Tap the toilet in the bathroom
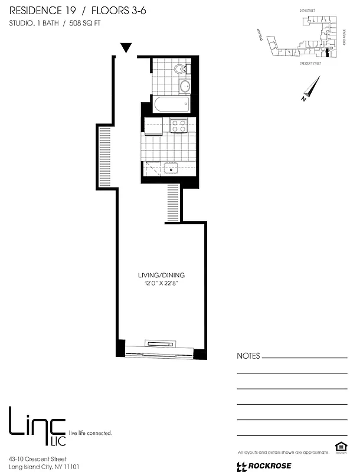pos(180,70)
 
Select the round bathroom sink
pos(184,87)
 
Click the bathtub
pos(171,105)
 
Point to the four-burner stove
pos(179,126)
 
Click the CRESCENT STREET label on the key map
pos(310,63)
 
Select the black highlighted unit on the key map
pos(326,55)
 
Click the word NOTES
pos(248,356)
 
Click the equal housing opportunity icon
pos(339,450)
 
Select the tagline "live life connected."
pos(91,433)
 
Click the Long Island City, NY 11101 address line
pos(44,467)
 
